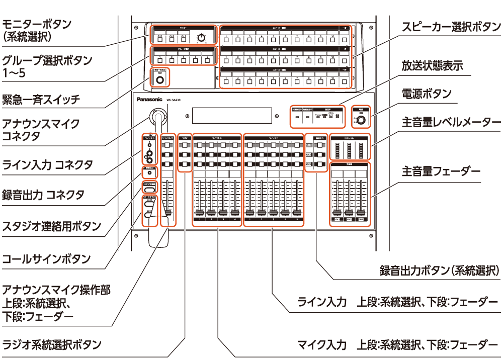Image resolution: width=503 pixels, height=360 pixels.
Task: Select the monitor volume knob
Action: click(x=202, y=38)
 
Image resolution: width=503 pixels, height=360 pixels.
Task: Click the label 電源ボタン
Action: click(x=426, y=94)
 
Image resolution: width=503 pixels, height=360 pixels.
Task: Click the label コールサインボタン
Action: click(x=46, y=259)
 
